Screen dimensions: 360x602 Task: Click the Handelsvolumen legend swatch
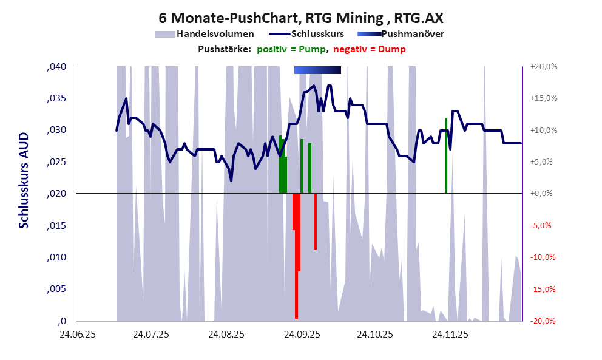tap(164, 34)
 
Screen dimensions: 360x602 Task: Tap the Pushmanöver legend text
tap(412, 34)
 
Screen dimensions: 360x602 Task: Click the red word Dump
tap(392, 49)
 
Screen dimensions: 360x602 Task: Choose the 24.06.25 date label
tap(77, 335)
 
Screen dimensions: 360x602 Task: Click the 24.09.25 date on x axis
tap(301, 335)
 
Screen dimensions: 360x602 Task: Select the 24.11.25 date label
tap(450, 335)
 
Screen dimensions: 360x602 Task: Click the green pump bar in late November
tap(446, 155)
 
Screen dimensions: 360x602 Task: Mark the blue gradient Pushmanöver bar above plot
tap(317, 70)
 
